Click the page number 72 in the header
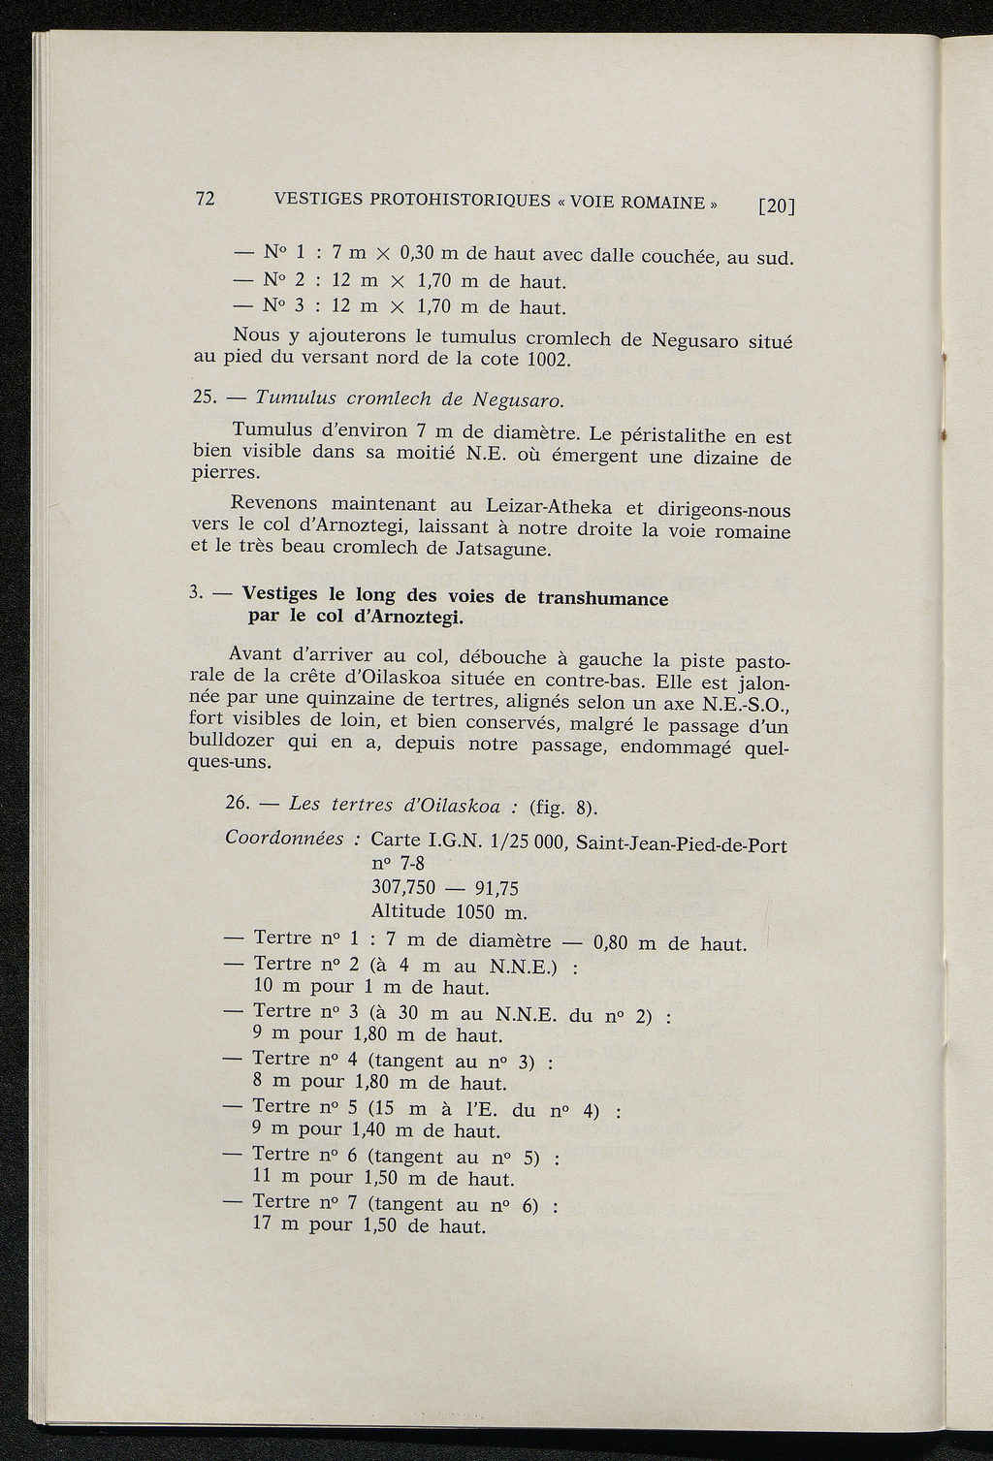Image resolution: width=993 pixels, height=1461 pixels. coord(205,199)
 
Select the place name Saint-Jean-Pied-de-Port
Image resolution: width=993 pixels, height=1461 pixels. coord(681,843)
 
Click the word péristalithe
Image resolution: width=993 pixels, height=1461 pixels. coord(682,434)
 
